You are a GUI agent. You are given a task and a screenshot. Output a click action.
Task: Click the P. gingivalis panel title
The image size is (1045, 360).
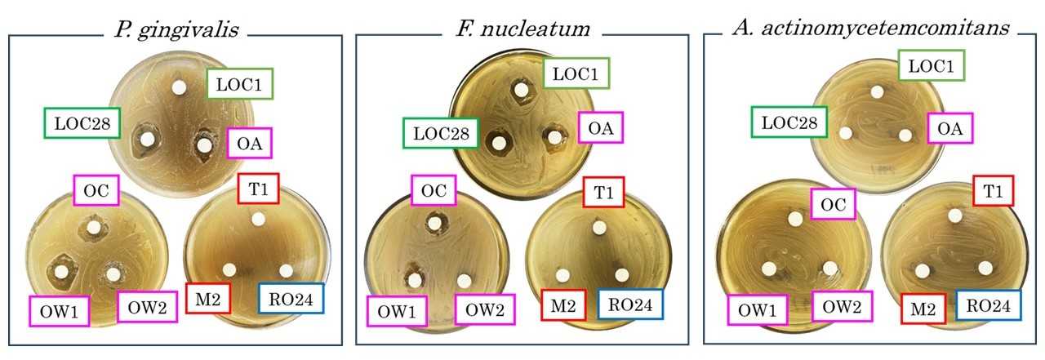(176, 30)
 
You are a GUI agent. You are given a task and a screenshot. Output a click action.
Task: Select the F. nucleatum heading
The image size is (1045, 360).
(522, 29)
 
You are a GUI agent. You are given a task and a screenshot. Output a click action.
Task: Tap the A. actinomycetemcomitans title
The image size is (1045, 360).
(871, 28)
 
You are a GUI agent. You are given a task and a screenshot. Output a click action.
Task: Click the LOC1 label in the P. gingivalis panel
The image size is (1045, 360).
(239, 84)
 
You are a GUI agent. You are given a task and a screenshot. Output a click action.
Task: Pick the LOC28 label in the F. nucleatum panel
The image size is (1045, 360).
(441, 133)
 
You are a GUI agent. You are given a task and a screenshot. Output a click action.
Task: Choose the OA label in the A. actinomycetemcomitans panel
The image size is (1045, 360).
(949, 128)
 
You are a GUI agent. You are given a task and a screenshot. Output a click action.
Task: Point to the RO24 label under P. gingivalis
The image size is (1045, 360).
(291, 299)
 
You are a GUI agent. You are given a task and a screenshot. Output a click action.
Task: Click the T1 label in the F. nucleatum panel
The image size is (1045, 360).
(603, 192)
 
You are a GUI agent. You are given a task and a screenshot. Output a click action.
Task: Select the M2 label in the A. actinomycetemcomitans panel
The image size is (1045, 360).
(923, 309)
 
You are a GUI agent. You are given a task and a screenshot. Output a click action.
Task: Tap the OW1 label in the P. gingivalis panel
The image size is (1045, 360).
(60, 311)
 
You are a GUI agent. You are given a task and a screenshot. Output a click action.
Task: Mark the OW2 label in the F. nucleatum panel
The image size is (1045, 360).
(485, 309)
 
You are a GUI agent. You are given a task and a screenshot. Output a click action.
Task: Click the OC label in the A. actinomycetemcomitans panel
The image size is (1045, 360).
(833, 204)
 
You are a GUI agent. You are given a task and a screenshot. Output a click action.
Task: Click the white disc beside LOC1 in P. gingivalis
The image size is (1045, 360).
(179, 87)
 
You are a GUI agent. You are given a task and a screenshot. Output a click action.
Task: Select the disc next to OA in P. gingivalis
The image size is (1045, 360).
(204, 145)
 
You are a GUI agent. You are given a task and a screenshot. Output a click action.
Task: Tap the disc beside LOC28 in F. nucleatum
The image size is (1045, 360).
(499, 143)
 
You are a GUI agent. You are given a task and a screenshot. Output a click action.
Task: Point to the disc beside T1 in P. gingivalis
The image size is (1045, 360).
(258, 219)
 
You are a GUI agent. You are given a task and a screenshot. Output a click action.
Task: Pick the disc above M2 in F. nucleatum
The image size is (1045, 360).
(563, 276)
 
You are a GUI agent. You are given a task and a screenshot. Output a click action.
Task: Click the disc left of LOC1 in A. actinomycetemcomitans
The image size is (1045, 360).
(877, 92)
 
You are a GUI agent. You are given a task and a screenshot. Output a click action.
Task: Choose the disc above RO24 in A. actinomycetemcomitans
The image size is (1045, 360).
(985, 268)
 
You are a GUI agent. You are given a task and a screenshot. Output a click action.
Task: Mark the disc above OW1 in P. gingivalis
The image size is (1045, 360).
(60, 271)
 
